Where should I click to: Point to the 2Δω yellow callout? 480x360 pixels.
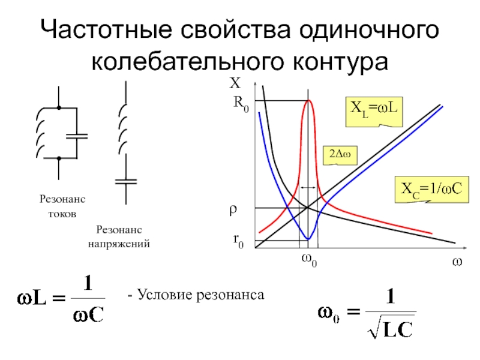[x=340, y=155]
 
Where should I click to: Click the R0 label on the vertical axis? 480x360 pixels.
[x=241, y=104]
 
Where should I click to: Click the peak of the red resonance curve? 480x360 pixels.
[x=308, y=100]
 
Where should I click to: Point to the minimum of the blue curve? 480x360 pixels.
[x=308, y=239]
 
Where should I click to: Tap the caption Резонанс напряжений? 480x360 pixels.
[x=119, y=237]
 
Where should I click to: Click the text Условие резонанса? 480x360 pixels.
[x=196, y=295]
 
